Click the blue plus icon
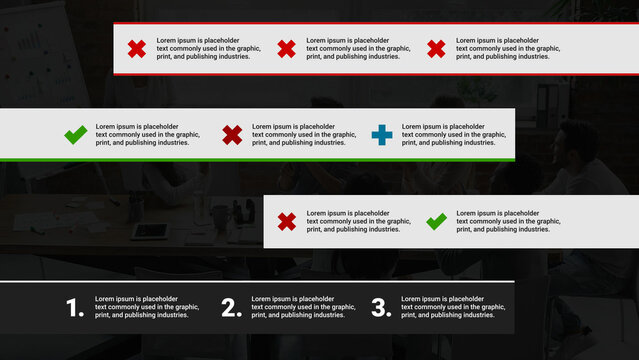point(382,134)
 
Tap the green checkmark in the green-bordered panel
point(75,134)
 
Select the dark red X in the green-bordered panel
point(232,134)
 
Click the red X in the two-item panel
point(286,221)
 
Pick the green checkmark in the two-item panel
point(436,221)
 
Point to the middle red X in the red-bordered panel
point(286,48)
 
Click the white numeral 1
point(75,308)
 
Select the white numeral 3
point(381,308)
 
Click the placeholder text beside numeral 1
point(147,307)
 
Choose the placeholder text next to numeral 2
point(303,307)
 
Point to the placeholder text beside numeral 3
point(453,307)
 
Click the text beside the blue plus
point(453,135)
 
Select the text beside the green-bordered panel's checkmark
point(147,135)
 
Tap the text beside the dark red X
point(303,135)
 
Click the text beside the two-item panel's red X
point(358,221)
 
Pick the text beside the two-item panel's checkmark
point(508,221)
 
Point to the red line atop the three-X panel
point(375,22)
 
